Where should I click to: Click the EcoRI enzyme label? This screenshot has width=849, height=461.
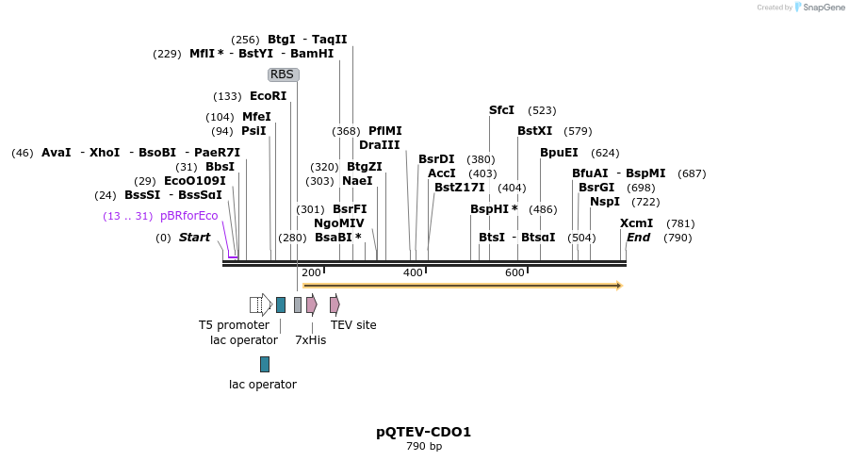pos(268,96)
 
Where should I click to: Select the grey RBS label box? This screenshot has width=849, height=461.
pos(283,74)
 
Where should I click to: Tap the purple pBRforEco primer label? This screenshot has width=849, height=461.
pos(188,216)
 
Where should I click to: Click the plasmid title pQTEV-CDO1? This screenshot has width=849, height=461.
pos(423,432)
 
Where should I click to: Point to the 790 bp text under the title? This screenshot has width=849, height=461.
pos(423,446)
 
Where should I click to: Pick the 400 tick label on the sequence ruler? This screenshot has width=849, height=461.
pos(413,272)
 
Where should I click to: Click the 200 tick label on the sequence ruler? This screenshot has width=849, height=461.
pos(311,272)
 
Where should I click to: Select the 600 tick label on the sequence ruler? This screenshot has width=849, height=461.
pos(514,272)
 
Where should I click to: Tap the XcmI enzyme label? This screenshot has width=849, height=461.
pos(636,223)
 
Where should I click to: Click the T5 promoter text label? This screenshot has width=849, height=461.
pos(234,325)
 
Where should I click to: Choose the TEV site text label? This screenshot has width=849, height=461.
pos(353,325)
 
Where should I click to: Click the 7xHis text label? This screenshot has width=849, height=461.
pos(310,339)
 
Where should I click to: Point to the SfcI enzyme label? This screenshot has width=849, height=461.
pos(501,110)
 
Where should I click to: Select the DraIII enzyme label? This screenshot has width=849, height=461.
pos(379,145)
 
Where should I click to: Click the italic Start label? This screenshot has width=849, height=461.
pos(194,238)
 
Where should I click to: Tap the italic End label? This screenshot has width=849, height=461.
pos(638,238)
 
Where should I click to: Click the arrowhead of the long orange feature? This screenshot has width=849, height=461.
pos(619,285)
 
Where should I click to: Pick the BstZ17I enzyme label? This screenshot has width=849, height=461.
pos(459,188)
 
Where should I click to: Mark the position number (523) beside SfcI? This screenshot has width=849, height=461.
pos(542,110)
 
